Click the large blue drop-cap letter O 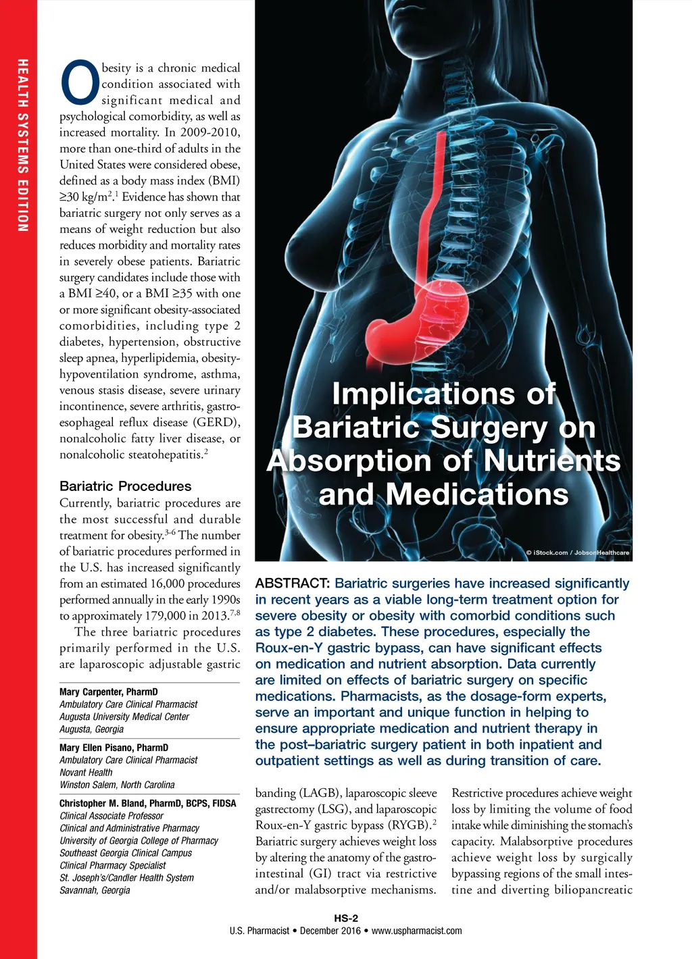(80, 84)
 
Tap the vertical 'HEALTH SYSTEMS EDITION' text (23, 146)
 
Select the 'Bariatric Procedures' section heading (125, 486)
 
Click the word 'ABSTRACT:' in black (292, 584)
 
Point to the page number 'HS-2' (346, 918)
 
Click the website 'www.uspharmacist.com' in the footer (416, 931)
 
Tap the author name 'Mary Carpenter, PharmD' (108, 692)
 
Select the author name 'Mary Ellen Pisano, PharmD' (114, 748)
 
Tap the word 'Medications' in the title (477, 494)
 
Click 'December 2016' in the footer (330, 931)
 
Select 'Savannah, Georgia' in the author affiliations (95, 890)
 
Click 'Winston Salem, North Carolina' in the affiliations (117, 785)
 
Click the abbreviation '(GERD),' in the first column (217, 423)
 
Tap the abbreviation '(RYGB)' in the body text (411, 825)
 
